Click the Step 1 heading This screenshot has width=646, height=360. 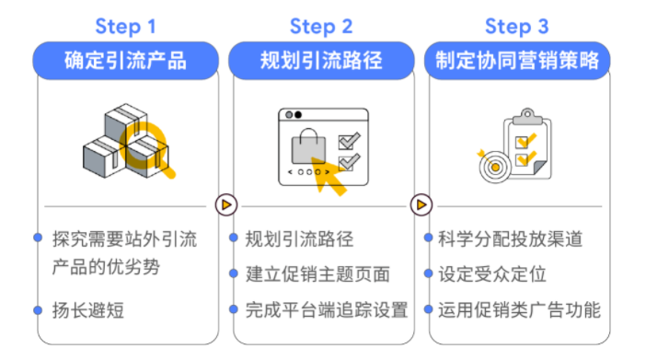(125, 27)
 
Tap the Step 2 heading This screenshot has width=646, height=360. (321, 27)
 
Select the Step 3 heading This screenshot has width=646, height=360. (516, 27)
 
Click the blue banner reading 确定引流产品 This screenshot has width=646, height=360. (126, 61)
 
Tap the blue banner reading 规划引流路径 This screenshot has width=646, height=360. (321, 61)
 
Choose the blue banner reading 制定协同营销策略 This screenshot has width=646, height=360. (517, 61)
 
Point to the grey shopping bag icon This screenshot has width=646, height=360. (308, 146)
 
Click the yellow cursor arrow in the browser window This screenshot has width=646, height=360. (329, 176)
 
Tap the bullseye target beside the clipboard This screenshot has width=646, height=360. (495, 167)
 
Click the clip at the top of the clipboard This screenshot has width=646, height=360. (527, 117)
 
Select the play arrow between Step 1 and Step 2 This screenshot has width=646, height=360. (226, 204)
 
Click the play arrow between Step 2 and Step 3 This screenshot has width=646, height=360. (421, 204)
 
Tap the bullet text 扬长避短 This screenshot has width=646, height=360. (87, 310)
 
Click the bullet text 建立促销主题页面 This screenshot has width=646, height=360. (317, 273)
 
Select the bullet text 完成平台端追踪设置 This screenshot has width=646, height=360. (327, 309)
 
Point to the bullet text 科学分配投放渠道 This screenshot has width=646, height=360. (510, 238)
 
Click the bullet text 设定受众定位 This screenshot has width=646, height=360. (492, 273)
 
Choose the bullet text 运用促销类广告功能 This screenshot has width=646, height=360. (519, 309)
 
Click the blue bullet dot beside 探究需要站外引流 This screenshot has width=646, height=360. (38, 238)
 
